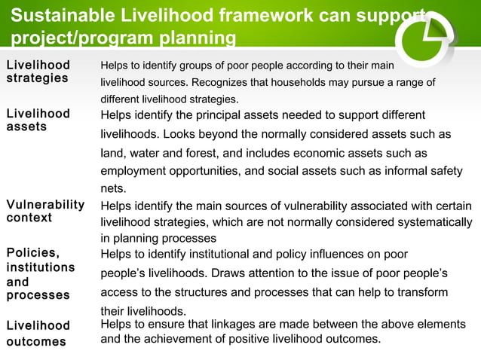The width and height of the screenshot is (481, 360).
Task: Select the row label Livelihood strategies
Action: coord(38,72)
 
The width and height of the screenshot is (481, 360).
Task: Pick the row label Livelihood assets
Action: coord(38,120)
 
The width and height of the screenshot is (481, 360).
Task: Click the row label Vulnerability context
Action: coord(45,211)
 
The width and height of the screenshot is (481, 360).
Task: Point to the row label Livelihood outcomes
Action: coord(38,334)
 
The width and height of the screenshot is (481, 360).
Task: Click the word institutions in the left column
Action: coord(41,267)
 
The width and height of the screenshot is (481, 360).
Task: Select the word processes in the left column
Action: coord(38,295)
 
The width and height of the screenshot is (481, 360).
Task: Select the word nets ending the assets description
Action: coord(113,189)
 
